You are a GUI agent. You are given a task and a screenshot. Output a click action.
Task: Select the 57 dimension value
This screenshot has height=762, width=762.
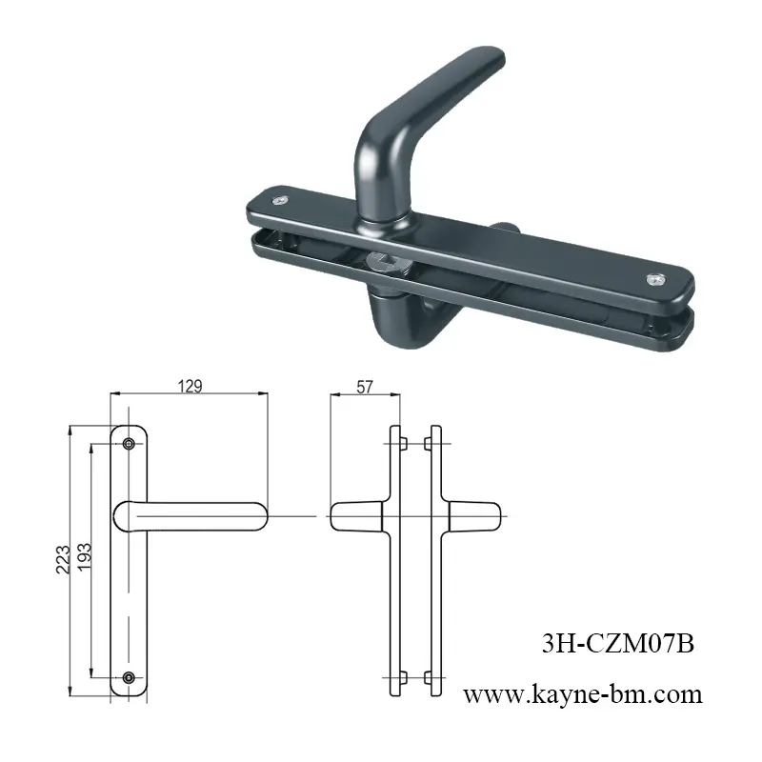pos(363,386)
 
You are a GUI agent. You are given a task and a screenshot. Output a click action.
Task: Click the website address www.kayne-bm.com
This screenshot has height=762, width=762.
pos(582,694)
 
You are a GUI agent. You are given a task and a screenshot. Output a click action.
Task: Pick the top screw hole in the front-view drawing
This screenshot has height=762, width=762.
pos(130,443)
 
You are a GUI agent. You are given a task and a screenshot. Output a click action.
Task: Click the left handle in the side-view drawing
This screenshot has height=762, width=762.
pos(356,515)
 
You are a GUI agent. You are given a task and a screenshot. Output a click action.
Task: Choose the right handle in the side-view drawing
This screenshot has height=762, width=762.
pos(473,515)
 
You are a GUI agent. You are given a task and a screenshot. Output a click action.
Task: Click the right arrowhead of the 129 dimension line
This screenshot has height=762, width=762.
pos(264,394)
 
